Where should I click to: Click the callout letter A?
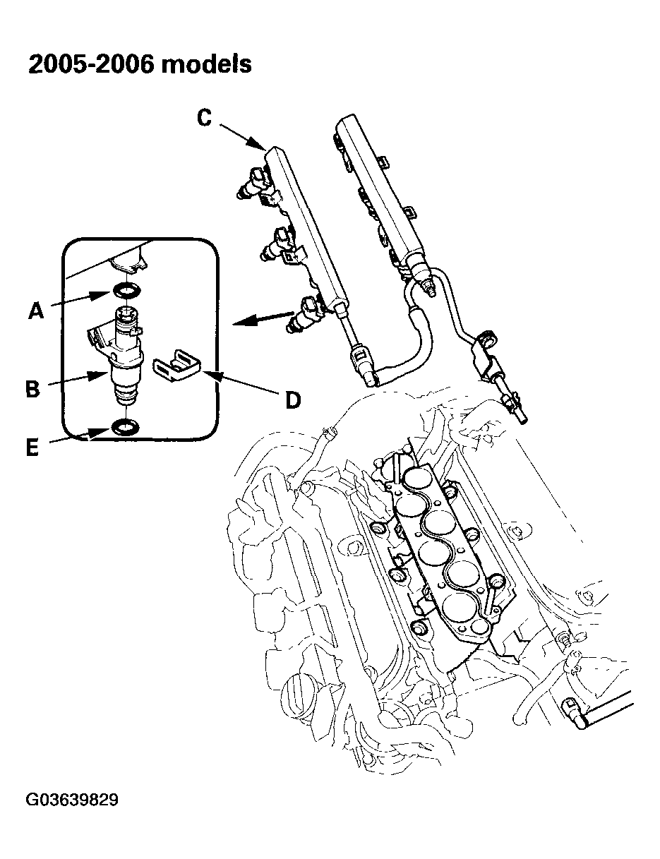pyautogui.click(x=35, y=310)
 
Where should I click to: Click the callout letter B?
pyautogui.click(x=32, y=388)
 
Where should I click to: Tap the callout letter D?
pyautogui.click(x=293, y=400)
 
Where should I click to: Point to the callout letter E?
pyautogui.click(x=32, y=447)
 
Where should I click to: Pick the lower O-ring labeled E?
pyautogui.click(x=125, y=426)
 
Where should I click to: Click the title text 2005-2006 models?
pyautogui.click(x=139, y=64)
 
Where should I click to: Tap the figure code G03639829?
pyautogui.click(x=72, y=800)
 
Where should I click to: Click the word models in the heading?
pyautogui.click(x=206, y=64)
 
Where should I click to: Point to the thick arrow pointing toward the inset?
pyautogui.click(x=261, y=318)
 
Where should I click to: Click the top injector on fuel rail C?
pyautogui.click(x=256, y=185)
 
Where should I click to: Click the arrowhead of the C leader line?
pyautogui.click(x=260, y=146)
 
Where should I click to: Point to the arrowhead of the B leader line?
pyautogui.click(x=106, y=373)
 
